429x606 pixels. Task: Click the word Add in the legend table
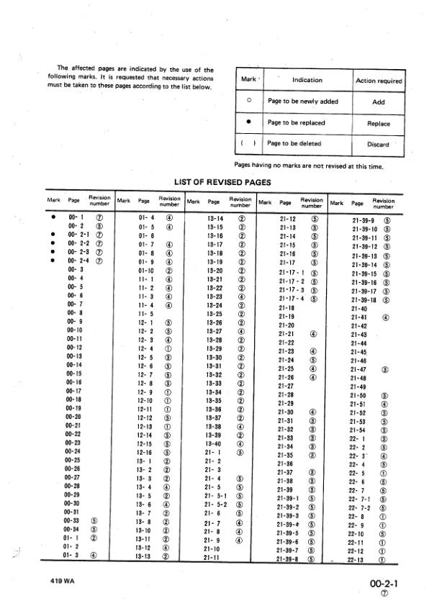378,102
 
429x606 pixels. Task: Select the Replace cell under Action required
378,123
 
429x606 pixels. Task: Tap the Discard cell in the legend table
378,144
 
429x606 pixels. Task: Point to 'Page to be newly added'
299,102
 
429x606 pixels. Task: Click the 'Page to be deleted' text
294,144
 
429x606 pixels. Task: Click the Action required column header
379,81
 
